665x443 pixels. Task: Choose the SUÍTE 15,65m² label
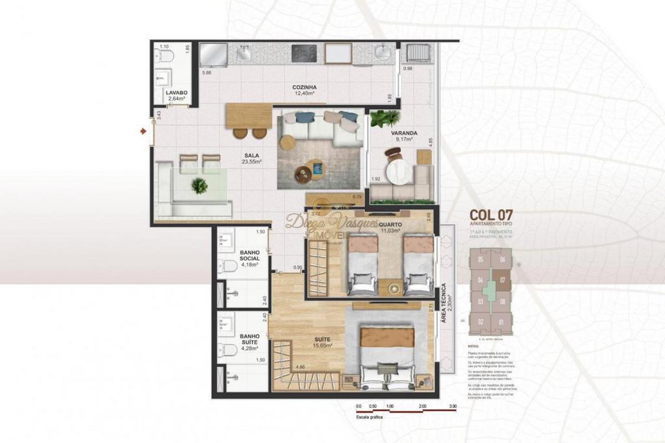[321, 342]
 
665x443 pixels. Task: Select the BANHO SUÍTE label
[249, 341]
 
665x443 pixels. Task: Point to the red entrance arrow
[143, 131]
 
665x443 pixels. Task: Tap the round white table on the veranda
[396, 172]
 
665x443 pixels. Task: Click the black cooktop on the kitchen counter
[303, 53]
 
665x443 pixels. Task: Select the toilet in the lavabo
[166, 57]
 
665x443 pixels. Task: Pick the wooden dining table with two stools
[250, 117]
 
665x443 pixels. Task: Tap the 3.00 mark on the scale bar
[453, 406]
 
